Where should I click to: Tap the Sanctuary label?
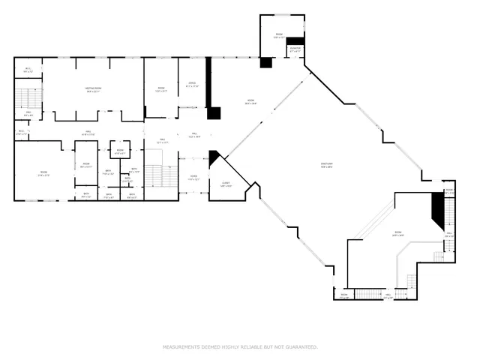pyautogui.click(x=327, y=167)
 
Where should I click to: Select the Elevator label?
pyautogui.click(x=295, y=49)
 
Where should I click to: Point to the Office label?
pyautogui.click(x=193, y=84)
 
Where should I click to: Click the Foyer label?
pyautogui.click(x=193, y=178)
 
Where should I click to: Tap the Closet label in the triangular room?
pyautogui.click(x=225, y=184)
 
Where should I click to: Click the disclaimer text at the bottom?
pyautogui.click(x=240, y=346)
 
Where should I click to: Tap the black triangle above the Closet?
pyautogui.click(x=214, y=156)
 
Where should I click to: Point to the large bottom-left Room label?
pyautogui.click(x=43, y=173)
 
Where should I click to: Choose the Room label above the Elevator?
pyautogui.click(x=278, y=34)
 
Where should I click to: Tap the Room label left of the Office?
pyautogui.click(x=160, y=89)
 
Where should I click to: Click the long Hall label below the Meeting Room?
pyautogui.click(x=88, y=133)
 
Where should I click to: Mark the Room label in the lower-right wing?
pyautogui.click(x=397, y=233)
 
